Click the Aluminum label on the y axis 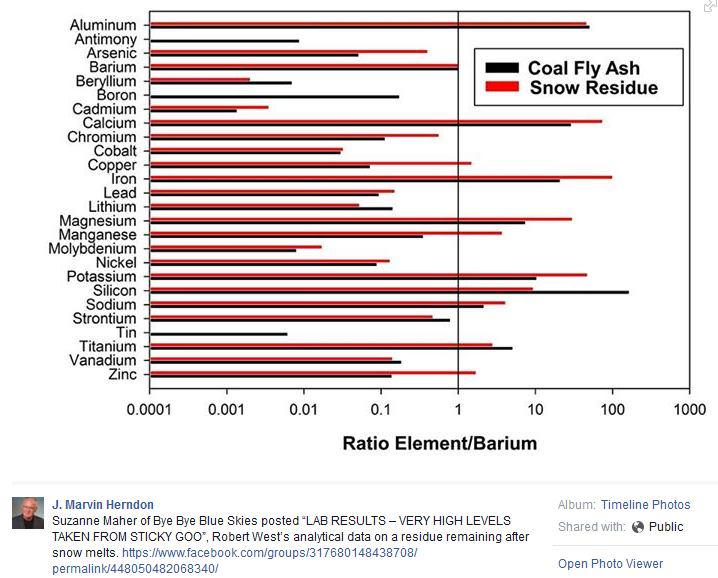point(105,25)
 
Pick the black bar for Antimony point(224,41)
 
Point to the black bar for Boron point(275,97)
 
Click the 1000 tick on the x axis point(689,409)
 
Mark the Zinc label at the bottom point(121,375)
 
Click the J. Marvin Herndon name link point(102,505)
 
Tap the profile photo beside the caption point(27,513)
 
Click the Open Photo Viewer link point(610,564)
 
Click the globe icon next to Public point(638,527)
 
